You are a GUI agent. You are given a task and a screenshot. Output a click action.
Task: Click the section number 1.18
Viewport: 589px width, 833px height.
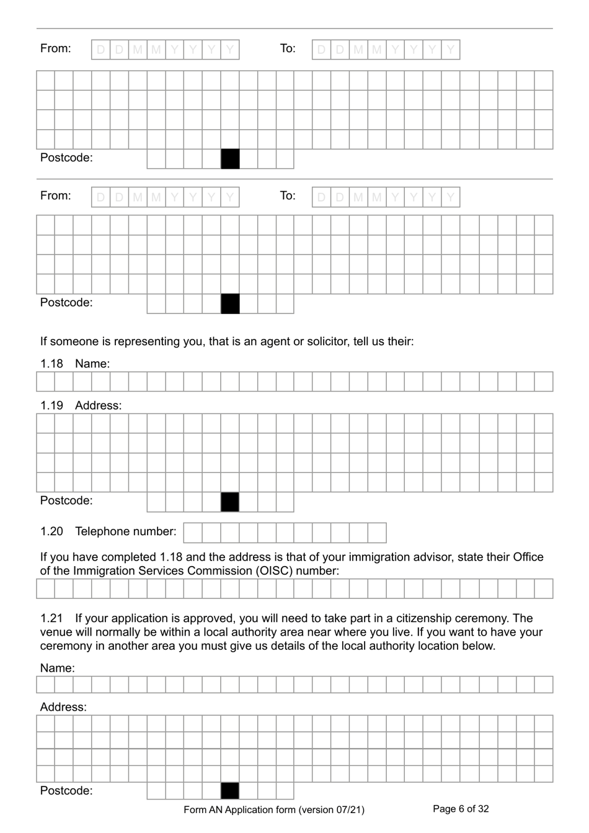51,364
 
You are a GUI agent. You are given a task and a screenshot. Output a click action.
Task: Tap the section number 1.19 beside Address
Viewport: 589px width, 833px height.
51,405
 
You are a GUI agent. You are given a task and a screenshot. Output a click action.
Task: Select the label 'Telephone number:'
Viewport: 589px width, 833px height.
125,531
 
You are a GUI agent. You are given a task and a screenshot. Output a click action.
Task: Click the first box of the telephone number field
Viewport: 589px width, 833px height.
193,533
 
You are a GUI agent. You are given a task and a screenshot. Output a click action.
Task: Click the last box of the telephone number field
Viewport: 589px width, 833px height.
377,533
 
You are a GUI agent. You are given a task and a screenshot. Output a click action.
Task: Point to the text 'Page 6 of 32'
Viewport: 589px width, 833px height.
461,809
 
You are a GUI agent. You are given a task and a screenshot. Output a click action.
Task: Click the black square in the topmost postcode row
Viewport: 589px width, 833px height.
230,159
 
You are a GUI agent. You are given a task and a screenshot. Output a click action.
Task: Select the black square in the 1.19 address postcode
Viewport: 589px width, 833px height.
230,502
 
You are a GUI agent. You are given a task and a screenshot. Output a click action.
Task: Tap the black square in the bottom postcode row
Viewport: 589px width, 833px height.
230,791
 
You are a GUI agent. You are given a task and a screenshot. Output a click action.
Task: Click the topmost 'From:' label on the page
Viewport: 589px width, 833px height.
55,48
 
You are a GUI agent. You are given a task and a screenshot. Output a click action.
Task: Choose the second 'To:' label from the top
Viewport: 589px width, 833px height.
288,196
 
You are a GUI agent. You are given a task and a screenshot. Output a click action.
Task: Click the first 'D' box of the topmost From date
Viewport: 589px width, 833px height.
100,50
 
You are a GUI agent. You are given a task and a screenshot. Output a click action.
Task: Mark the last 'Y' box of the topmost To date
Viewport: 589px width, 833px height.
451,50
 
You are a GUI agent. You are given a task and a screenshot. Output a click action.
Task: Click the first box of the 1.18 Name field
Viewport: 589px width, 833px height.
45,382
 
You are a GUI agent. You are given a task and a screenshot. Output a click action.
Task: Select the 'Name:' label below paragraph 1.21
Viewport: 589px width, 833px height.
57,668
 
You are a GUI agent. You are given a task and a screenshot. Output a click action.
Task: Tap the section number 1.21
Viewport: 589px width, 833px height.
51,618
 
